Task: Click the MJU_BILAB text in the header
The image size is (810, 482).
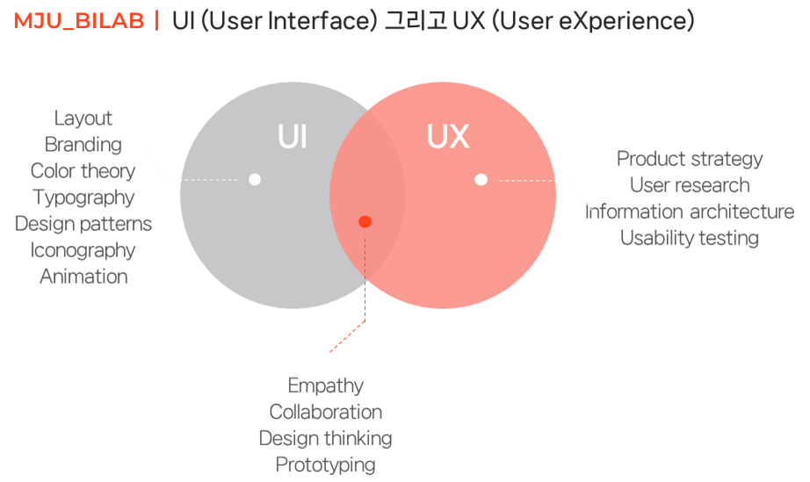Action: [78, 22]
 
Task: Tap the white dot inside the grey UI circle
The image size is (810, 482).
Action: [255, 179]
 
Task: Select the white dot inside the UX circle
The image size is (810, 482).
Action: [481, 179]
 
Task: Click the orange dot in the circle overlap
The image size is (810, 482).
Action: [365, 221]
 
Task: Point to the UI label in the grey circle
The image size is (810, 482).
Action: [292, 138]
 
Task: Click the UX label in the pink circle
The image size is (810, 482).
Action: [447, 137]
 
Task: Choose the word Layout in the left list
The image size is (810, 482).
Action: [83, 119]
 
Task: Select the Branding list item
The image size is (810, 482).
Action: [83, 145]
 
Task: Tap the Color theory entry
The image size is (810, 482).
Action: [83, 171]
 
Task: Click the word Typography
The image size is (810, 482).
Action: [83, 198]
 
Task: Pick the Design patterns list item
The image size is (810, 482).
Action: [83, 224]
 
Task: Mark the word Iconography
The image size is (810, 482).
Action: [83, 250]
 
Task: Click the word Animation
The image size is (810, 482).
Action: [83, 277]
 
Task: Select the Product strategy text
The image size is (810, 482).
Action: [690, 159]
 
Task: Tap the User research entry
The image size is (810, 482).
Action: [690, 185]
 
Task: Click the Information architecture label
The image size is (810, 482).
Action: [690, 212]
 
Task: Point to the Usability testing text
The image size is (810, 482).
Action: [690, 238]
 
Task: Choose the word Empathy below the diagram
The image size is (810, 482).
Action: [325, 385]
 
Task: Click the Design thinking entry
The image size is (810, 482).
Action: [325, 438]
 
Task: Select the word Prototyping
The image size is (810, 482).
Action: [325, 464]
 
